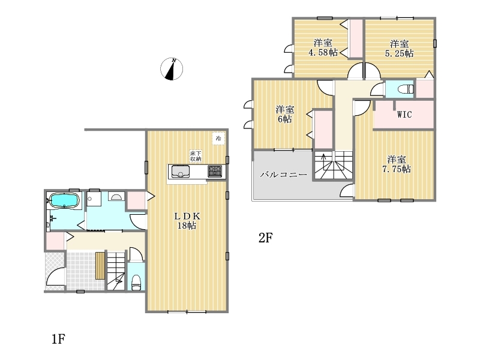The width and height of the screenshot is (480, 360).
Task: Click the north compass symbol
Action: [172, 69]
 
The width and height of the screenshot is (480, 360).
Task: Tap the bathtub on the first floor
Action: [64, 200]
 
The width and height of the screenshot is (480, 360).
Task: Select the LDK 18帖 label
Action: [187, 221]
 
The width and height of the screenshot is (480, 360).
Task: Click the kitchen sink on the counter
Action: [181, 172]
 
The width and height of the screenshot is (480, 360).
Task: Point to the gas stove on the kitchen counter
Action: [215, 172]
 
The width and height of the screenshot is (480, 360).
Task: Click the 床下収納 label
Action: [196, 156]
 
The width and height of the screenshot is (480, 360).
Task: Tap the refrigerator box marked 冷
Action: [218, 139]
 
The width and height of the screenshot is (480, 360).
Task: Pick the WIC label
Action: [404, 115]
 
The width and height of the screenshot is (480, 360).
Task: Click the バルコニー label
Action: [283, 175]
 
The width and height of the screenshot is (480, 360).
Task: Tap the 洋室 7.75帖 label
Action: [397, 164]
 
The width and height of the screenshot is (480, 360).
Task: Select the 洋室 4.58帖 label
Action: [323, 48]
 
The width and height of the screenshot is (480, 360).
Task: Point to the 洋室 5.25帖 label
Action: [399, 49]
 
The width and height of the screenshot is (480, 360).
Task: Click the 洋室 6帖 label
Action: [284, 114]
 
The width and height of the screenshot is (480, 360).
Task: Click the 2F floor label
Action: [265, 238]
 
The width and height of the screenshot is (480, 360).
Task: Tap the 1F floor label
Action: [58, 339]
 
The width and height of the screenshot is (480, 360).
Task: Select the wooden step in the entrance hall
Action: [100, 265]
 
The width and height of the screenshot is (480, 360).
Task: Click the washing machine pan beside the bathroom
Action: [94, 199]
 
